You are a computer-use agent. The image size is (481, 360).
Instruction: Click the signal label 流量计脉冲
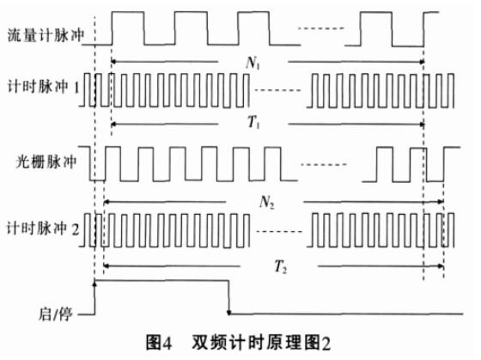pos(46,35)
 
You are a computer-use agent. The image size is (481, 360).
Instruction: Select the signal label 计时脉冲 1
pos(44,87)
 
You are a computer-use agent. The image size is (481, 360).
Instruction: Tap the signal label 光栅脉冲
pos(46,162)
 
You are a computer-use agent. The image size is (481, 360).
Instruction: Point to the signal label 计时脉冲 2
pos(43,229)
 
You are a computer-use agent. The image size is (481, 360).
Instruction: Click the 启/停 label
pos(56,314)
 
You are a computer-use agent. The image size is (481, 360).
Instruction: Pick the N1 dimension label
pos(253,64)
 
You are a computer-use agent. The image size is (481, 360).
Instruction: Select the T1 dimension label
pos(253,123)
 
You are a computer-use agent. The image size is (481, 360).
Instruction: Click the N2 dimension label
pos(266,202)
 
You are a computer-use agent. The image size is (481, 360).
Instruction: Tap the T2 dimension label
pos(280,266)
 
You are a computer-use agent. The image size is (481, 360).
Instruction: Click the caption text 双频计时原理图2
pos(261,343)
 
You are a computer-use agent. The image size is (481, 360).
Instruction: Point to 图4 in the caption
pos(159,343)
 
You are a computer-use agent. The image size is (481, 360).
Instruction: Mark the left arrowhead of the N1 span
pos(113,62)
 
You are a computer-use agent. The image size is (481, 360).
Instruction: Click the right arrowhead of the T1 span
pos(422,125)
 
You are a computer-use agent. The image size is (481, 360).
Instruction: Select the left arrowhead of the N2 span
pos(107,202)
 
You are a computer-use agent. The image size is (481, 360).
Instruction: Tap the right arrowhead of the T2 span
pos(441,266)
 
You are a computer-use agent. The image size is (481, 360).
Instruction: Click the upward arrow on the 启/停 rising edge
pos(94,284)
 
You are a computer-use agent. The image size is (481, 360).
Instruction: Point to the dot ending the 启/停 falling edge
pos(228,313)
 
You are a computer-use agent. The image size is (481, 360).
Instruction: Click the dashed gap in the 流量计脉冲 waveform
pos(321,29)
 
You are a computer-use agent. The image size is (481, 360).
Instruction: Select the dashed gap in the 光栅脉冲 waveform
pos(324,164)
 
